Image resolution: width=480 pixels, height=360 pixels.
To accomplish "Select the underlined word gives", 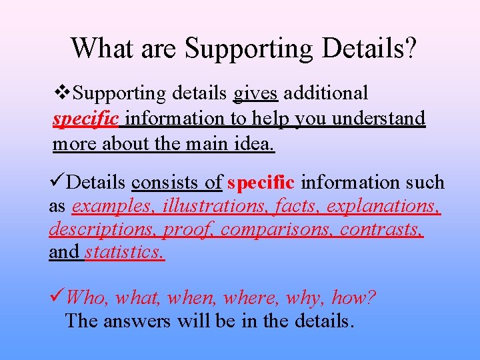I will pos(255,93).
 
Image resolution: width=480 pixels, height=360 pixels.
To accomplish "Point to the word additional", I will pos(325,93).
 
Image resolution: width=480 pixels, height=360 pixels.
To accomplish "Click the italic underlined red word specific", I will pos(85,119).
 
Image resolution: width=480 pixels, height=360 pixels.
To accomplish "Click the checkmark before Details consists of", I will pos(57,181).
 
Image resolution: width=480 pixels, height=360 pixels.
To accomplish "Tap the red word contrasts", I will pos(381,230).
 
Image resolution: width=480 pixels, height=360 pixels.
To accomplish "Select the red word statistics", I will pos(125,253).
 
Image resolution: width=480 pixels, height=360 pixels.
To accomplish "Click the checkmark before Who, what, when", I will pos(57,297).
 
